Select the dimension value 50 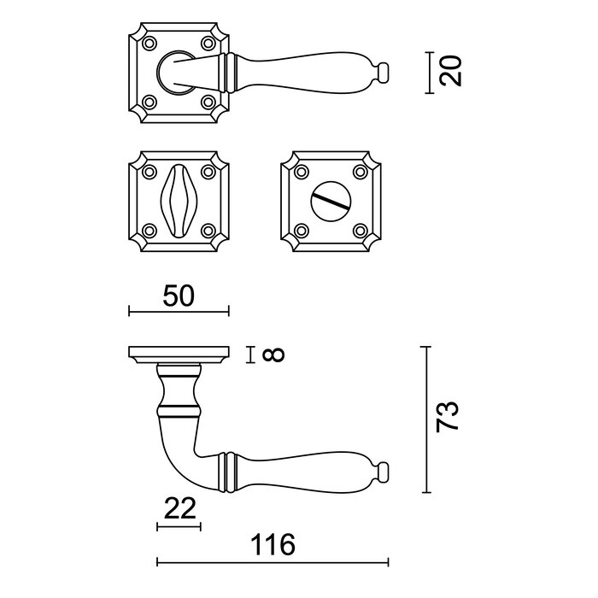pos(179,296)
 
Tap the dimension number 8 pos(273,354)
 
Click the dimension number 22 pos(179,509)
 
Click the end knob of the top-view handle pos(384,69)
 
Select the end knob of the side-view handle pos(384,472)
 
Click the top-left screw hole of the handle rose pos(150,43)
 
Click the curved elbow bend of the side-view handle pos(175,461)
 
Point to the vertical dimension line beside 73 pos(427,419)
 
